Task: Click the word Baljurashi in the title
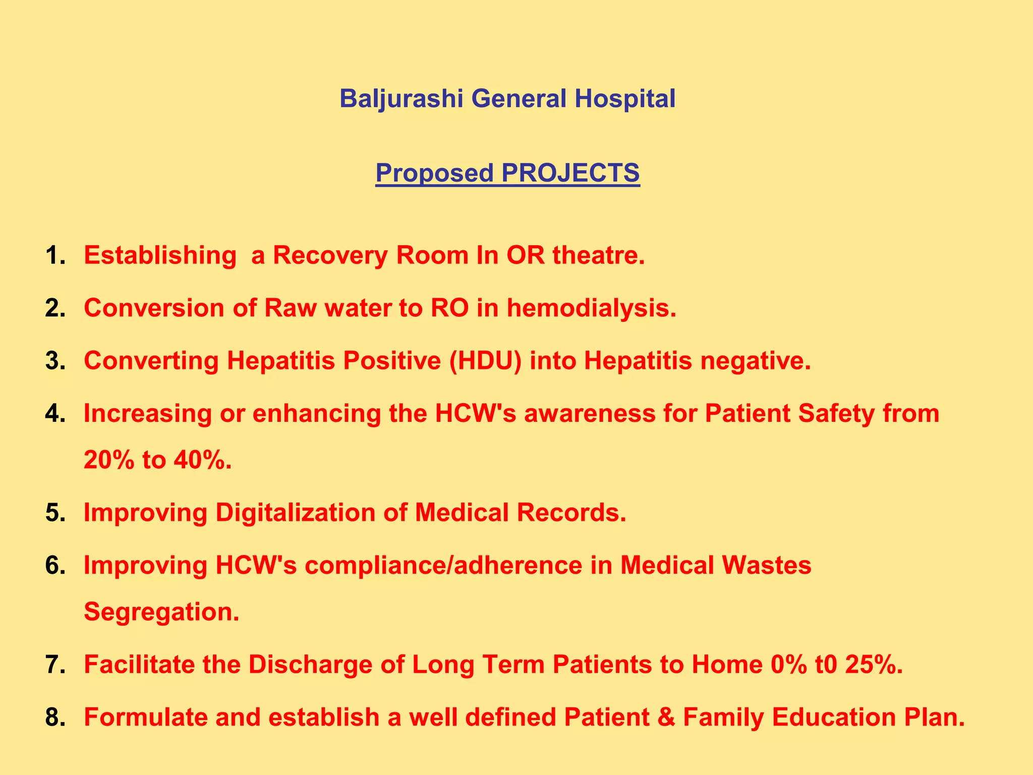tap(401, 98)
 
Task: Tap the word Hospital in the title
tap(625, 98)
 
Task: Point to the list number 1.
tap(55, 255)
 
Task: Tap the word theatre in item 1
tap(598, 255)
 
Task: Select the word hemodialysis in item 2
tap(591, 308)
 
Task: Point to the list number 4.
tap(55, 414)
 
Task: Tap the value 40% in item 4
tap(202, 460)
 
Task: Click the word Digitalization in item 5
tap(295, 513)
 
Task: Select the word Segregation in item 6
tap(161, 612)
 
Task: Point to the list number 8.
tap(55, 717)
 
